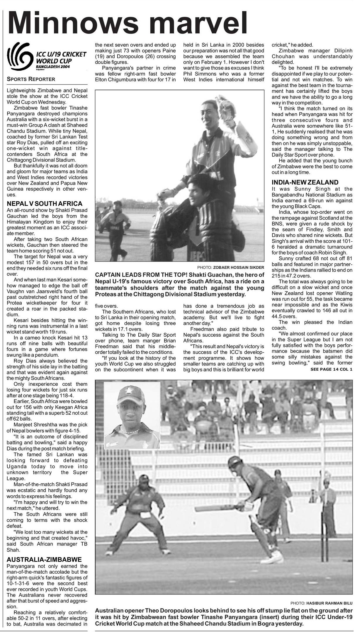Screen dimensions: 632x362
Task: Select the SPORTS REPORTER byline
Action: click(x=31, y=79)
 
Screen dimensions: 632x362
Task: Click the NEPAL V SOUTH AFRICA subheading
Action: click(x=45, y=204)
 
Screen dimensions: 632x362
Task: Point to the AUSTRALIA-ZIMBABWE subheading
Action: click(x=44, y=560)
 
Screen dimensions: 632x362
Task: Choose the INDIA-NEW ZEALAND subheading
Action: click(x=305, y=182)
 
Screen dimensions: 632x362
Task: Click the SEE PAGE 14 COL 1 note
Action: click(x=331, y=369)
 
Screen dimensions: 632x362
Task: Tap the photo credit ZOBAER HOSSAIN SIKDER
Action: click(x=239, y=267)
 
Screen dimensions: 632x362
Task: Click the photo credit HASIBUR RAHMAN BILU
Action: click(x=329, y=603)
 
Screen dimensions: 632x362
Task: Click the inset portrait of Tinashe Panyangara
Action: click(x=132, y=415)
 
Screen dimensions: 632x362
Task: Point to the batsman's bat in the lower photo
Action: click(x=215, y=508)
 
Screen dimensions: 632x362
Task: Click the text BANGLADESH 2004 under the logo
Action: click(x=51, y=67)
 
